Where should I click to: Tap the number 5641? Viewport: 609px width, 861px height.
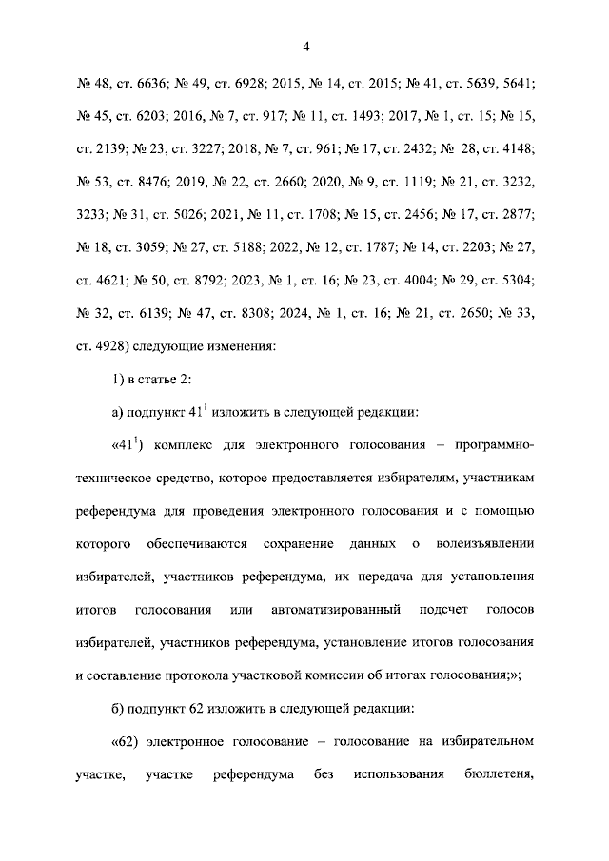tap(516, 83)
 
